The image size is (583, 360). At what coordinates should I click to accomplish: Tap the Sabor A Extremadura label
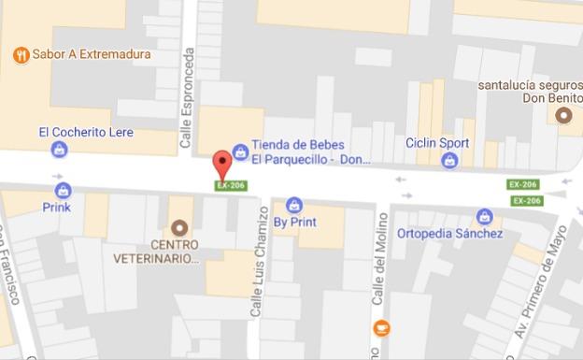(x=92, y=55)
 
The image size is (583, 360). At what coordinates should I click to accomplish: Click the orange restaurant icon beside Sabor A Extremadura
(x=21, y=55)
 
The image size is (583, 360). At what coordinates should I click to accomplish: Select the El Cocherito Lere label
(x=86, y=132)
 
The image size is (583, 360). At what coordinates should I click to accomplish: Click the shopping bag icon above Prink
(x=64, y=190)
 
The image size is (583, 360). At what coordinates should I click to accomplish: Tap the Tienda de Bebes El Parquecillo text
(x=298, y=151)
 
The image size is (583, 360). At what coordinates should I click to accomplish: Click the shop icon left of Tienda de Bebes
(x=240, y=151)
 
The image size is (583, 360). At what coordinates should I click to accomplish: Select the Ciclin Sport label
(x=437, y=143)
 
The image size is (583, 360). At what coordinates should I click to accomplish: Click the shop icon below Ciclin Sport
(x=449, y=161)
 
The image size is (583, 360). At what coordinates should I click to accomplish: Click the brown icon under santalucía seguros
(x=562, y=115)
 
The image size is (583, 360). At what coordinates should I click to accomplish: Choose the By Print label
(x=294, y=223)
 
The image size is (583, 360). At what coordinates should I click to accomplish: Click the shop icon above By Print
(x=294, y=205)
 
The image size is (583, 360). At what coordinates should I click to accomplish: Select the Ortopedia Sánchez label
(x=449, y=234)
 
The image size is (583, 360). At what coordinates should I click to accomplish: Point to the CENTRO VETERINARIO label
(x=155, y=251)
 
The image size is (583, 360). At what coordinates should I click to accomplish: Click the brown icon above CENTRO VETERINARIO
(x=178, y=227)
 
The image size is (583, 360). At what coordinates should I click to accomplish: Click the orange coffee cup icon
(x=381, y=328)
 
